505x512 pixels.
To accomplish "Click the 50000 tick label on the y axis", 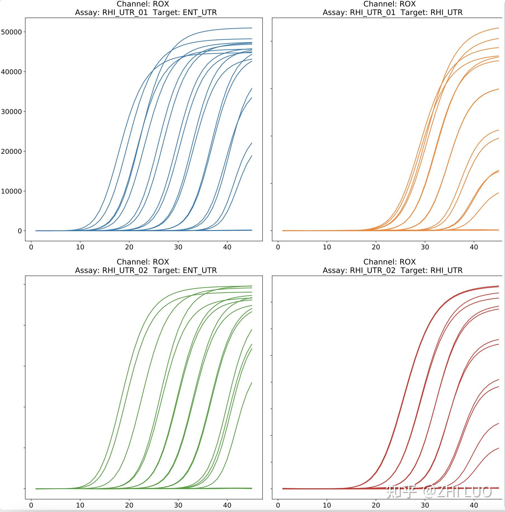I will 11,32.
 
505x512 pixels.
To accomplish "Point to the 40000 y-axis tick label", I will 11,72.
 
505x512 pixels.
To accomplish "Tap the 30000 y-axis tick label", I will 11,112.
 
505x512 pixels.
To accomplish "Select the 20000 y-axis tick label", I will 11,152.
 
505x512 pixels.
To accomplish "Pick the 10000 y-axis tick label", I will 11,191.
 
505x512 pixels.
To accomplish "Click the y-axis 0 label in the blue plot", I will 20,231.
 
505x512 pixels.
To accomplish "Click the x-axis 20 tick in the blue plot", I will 129,247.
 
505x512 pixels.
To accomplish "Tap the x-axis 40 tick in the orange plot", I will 474,247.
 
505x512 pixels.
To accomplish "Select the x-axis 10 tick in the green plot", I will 80,505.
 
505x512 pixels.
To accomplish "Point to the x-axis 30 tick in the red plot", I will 425,505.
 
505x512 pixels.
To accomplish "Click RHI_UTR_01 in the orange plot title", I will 373,13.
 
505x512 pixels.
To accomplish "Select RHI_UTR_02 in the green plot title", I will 125,270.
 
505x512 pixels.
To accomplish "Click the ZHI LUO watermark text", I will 464,492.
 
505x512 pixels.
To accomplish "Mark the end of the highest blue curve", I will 252,28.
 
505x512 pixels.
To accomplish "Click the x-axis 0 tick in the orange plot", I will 278,247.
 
